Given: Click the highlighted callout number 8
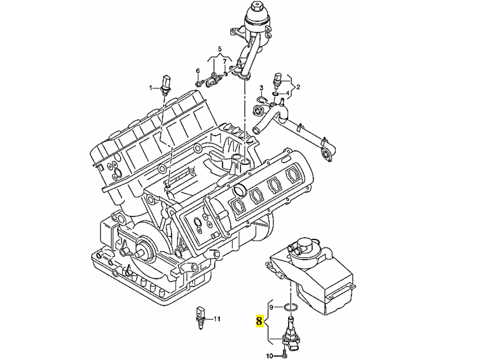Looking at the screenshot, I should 260,322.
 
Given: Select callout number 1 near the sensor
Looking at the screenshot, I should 151,88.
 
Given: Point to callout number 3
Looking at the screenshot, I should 261,88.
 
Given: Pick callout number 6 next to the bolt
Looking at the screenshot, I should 197,71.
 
